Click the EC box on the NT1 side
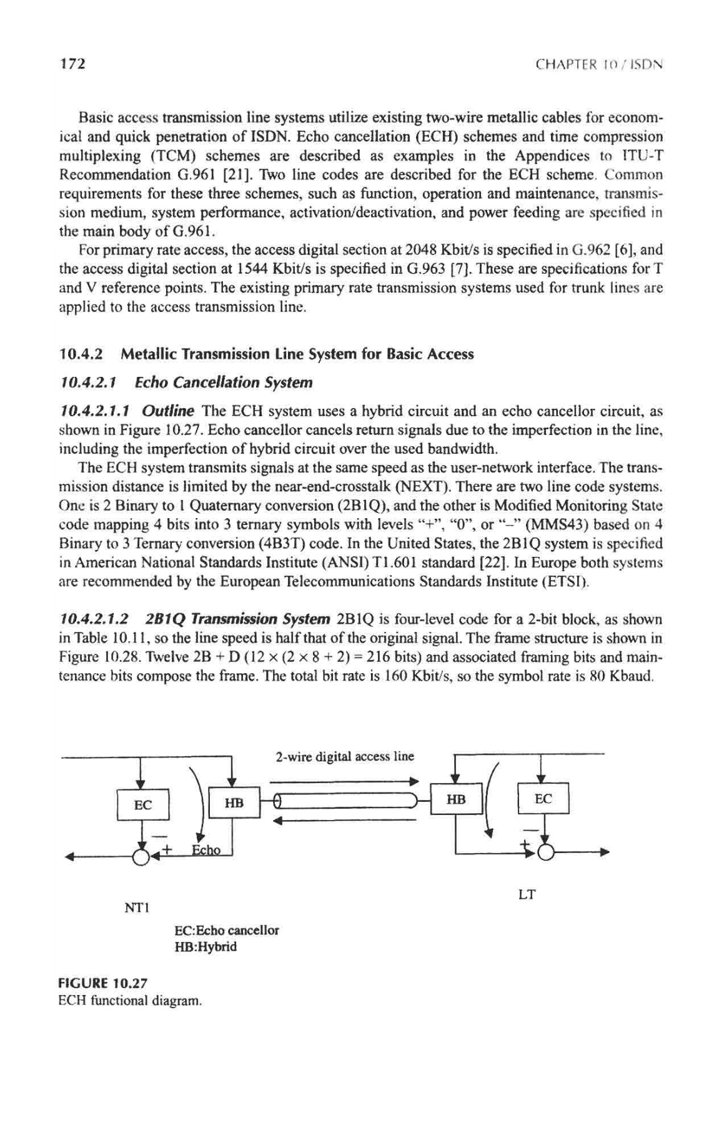tap(143, 804)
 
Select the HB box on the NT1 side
tap(233, 802)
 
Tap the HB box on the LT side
tap(457, 799)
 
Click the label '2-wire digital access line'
tap(345, 757)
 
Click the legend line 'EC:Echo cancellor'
tap(228, 929)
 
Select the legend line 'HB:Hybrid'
tap(207, 946)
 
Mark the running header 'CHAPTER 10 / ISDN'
tap(603, 64)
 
